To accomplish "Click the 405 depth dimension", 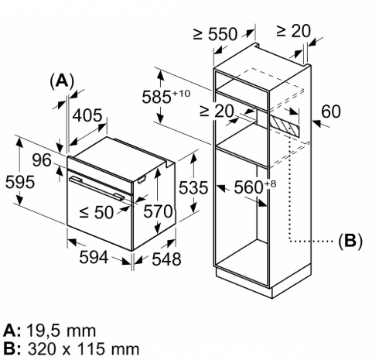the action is coord(87,115).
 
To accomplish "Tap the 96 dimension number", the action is coord(42,160).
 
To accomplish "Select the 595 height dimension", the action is coord(20,182).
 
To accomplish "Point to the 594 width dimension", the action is coord(94,257).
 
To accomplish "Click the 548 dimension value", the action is coord(166,259).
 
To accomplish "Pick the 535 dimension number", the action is coord(193,187).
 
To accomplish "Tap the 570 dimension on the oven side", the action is coord(158,211).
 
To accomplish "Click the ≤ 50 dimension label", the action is coord(96,213).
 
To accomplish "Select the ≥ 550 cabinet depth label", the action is coord(215,34).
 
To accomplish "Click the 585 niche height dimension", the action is coord(166,97).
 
